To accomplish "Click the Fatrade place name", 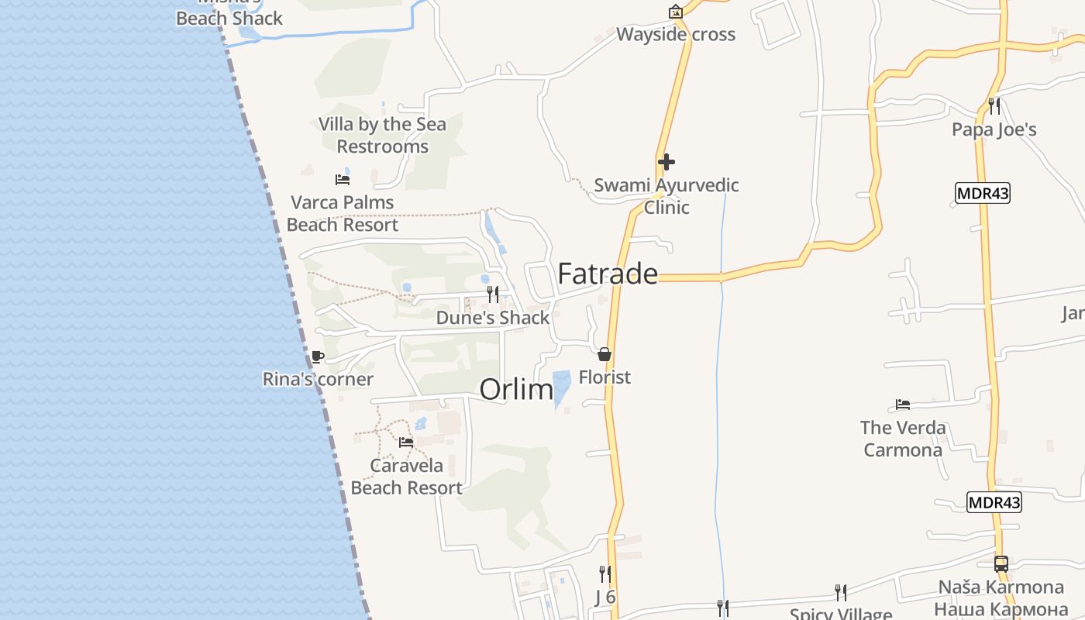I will [608, 274].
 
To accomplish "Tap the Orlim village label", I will [516, 389].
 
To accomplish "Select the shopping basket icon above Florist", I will [604, 354].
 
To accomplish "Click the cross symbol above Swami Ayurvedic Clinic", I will [666, 162].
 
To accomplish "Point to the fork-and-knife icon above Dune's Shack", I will [492, 294].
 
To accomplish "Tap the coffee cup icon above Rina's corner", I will [317, 356].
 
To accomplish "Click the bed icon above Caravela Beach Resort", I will [406, 443].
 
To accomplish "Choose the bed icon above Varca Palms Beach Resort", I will [343, 180].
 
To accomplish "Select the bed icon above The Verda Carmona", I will [903, 405].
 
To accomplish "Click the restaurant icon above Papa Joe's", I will [994, 105].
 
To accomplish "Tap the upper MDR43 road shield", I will [983, 193].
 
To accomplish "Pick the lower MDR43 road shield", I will [994, 502].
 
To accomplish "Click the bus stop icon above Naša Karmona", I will [1001, 563].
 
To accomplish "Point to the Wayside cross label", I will [676, 35].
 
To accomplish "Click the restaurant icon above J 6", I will [604, 574].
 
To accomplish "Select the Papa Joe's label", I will [994, 129].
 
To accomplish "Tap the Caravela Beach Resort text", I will [407, 477].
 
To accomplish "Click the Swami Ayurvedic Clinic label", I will [666, 196].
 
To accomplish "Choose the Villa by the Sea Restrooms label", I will [382, 136].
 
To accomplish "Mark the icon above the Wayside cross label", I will [676, 12].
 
